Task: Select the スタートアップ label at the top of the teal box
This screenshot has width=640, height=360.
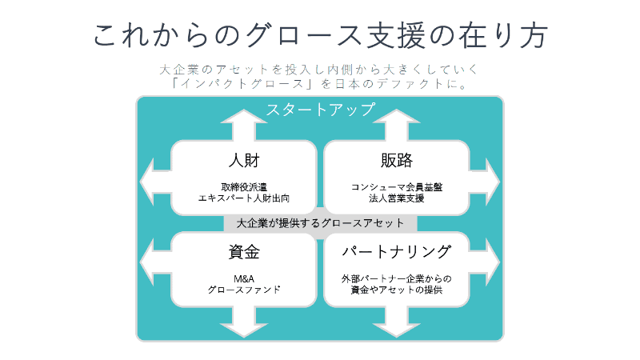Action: (x=320, y=110)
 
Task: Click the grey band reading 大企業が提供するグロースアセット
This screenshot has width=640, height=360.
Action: (x=320, y=223)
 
